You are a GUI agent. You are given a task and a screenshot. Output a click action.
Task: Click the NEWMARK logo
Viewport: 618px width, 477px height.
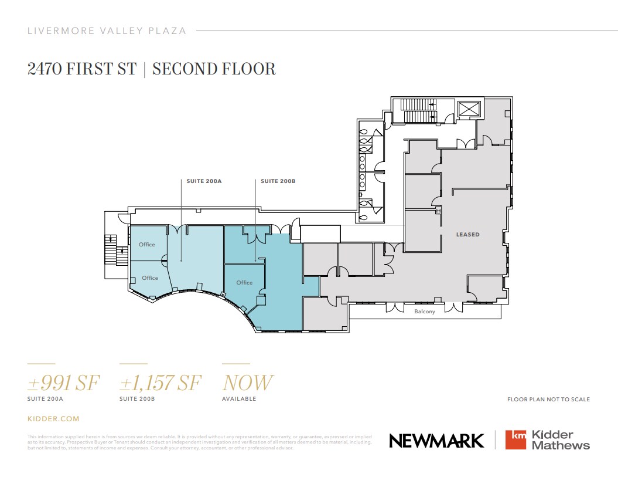pos(436,441)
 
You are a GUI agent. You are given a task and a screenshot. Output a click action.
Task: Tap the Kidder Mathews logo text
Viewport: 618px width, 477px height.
pos(561,440)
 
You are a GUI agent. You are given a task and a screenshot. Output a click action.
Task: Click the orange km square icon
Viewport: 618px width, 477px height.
pos(516,440)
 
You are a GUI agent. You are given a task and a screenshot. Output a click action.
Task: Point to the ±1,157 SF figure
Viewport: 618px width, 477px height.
pos(160,383)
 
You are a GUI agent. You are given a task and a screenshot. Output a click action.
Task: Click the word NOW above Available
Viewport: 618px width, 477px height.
pos(247,383)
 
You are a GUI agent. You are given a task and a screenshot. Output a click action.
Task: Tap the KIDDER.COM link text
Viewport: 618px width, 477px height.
pos(53,419)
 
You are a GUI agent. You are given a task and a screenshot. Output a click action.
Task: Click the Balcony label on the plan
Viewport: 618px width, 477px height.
pos(425,312)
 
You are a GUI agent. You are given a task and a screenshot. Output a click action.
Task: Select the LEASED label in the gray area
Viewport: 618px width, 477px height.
pos(467,235)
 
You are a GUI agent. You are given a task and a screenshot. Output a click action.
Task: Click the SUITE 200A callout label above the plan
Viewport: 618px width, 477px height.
pos(204,182)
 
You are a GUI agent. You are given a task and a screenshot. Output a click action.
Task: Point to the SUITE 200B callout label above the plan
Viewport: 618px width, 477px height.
pos(278,182)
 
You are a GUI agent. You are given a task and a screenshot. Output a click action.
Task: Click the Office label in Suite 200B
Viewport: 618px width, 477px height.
pos(244,282)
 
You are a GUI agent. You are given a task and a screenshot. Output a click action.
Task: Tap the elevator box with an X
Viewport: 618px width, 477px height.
pos(469,109)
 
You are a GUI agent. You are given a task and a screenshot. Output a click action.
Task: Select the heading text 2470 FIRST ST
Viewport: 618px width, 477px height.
pos(81,69)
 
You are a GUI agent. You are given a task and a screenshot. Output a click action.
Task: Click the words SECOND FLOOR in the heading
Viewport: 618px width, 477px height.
pos(214,69)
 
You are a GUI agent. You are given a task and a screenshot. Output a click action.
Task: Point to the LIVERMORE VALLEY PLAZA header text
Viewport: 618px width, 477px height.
pos(107,31)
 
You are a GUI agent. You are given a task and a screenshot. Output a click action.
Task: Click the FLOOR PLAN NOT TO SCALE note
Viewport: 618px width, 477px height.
pos(548,400)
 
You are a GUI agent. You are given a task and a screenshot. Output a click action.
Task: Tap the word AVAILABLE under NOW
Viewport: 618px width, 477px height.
pos(239,399)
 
